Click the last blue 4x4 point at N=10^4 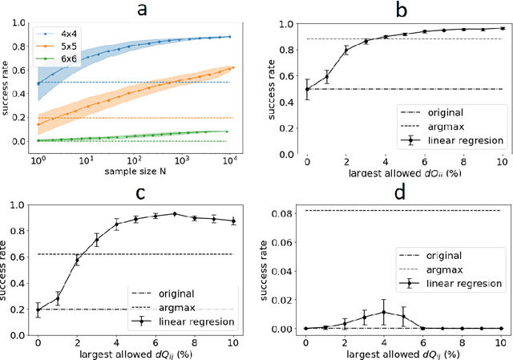pyautogui.click(x=230, y=36)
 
